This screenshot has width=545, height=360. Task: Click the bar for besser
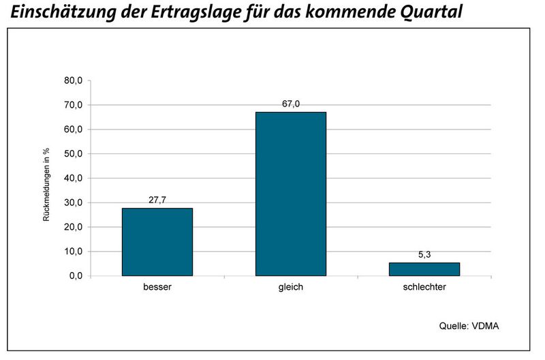[157, 242]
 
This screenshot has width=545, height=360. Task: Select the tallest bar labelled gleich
[291, 194]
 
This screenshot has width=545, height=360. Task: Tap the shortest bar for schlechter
[424, 269]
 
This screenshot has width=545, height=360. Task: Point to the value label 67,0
[291, 104]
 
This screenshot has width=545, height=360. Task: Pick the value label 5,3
[424, 255]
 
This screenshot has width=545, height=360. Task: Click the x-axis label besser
[157, 288]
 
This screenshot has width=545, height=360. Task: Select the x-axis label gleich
[291, 288]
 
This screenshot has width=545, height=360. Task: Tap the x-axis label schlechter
[424, 288]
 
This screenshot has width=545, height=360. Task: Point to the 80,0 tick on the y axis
[72, 80]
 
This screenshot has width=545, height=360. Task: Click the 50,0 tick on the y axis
[72, 154]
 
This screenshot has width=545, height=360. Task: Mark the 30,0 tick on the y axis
[72, 202]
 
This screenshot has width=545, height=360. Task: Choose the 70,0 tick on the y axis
[72, 105]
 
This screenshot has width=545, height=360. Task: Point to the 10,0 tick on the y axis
[72, 252]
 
